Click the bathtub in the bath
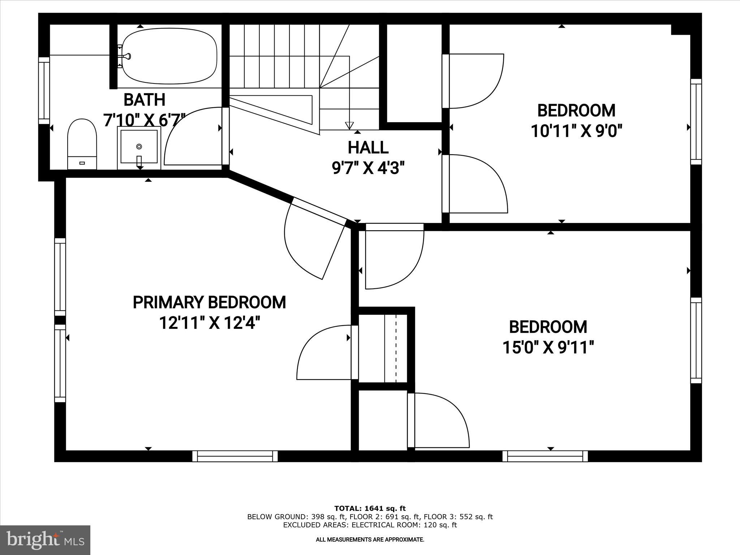[169, 56]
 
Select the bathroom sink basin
[139, 146]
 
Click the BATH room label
[145, 100]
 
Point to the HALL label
[368, 147]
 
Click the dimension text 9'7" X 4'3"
[368, 168]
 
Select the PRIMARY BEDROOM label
[209, 302]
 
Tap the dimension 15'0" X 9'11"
[548, 348]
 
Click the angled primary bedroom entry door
[318, 211]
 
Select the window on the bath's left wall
[44, 90]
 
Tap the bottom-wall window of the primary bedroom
[235, 456]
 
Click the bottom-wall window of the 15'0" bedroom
[545, 456]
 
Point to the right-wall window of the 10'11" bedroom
[696, 121]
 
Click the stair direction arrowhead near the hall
[349, 125]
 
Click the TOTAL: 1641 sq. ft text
[370, 508]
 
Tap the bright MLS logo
[45, 540]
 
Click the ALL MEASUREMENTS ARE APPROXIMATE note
[370, 540]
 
